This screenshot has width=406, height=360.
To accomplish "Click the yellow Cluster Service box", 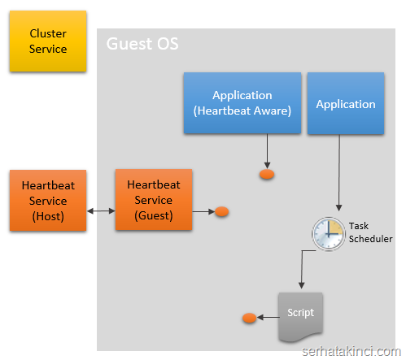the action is click(48, 41).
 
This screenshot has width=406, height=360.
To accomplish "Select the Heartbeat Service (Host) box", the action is click(48, 201).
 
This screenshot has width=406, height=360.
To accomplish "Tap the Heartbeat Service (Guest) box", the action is click(154, 200).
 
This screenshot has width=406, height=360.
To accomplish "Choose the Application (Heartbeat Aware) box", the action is click(242, 103).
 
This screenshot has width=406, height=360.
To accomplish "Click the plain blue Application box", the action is click(346, 103).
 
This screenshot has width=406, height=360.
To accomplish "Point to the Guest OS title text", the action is click(142, 44).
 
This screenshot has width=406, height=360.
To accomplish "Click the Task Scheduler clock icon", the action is click(329, 233).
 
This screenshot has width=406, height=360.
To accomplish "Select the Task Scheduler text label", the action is click(370, 232).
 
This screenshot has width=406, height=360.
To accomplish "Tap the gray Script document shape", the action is click(300, 318).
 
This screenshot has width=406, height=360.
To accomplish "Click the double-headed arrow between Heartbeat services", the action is click(101, 210).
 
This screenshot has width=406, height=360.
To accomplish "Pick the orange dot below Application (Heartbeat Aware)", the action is click(267, 174).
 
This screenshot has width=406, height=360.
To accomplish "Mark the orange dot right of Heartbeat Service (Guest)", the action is click(221, 211).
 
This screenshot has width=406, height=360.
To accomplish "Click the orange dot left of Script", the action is click(249, 318).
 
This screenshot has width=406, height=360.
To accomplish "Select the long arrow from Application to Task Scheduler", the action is click(339, 172).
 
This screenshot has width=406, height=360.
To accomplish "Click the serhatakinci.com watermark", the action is click(351, 352).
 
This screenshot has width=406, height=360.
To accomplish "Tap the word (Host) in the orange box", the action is click(48, 216).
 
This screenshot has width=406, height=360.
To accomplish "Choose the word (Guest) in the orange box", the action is click(154, 215).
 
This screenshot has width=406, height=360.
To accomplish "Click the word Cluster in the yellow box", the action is click(48, 33).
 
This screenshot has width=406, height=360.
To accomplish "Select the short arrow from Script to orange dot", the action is click(268, 317).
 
